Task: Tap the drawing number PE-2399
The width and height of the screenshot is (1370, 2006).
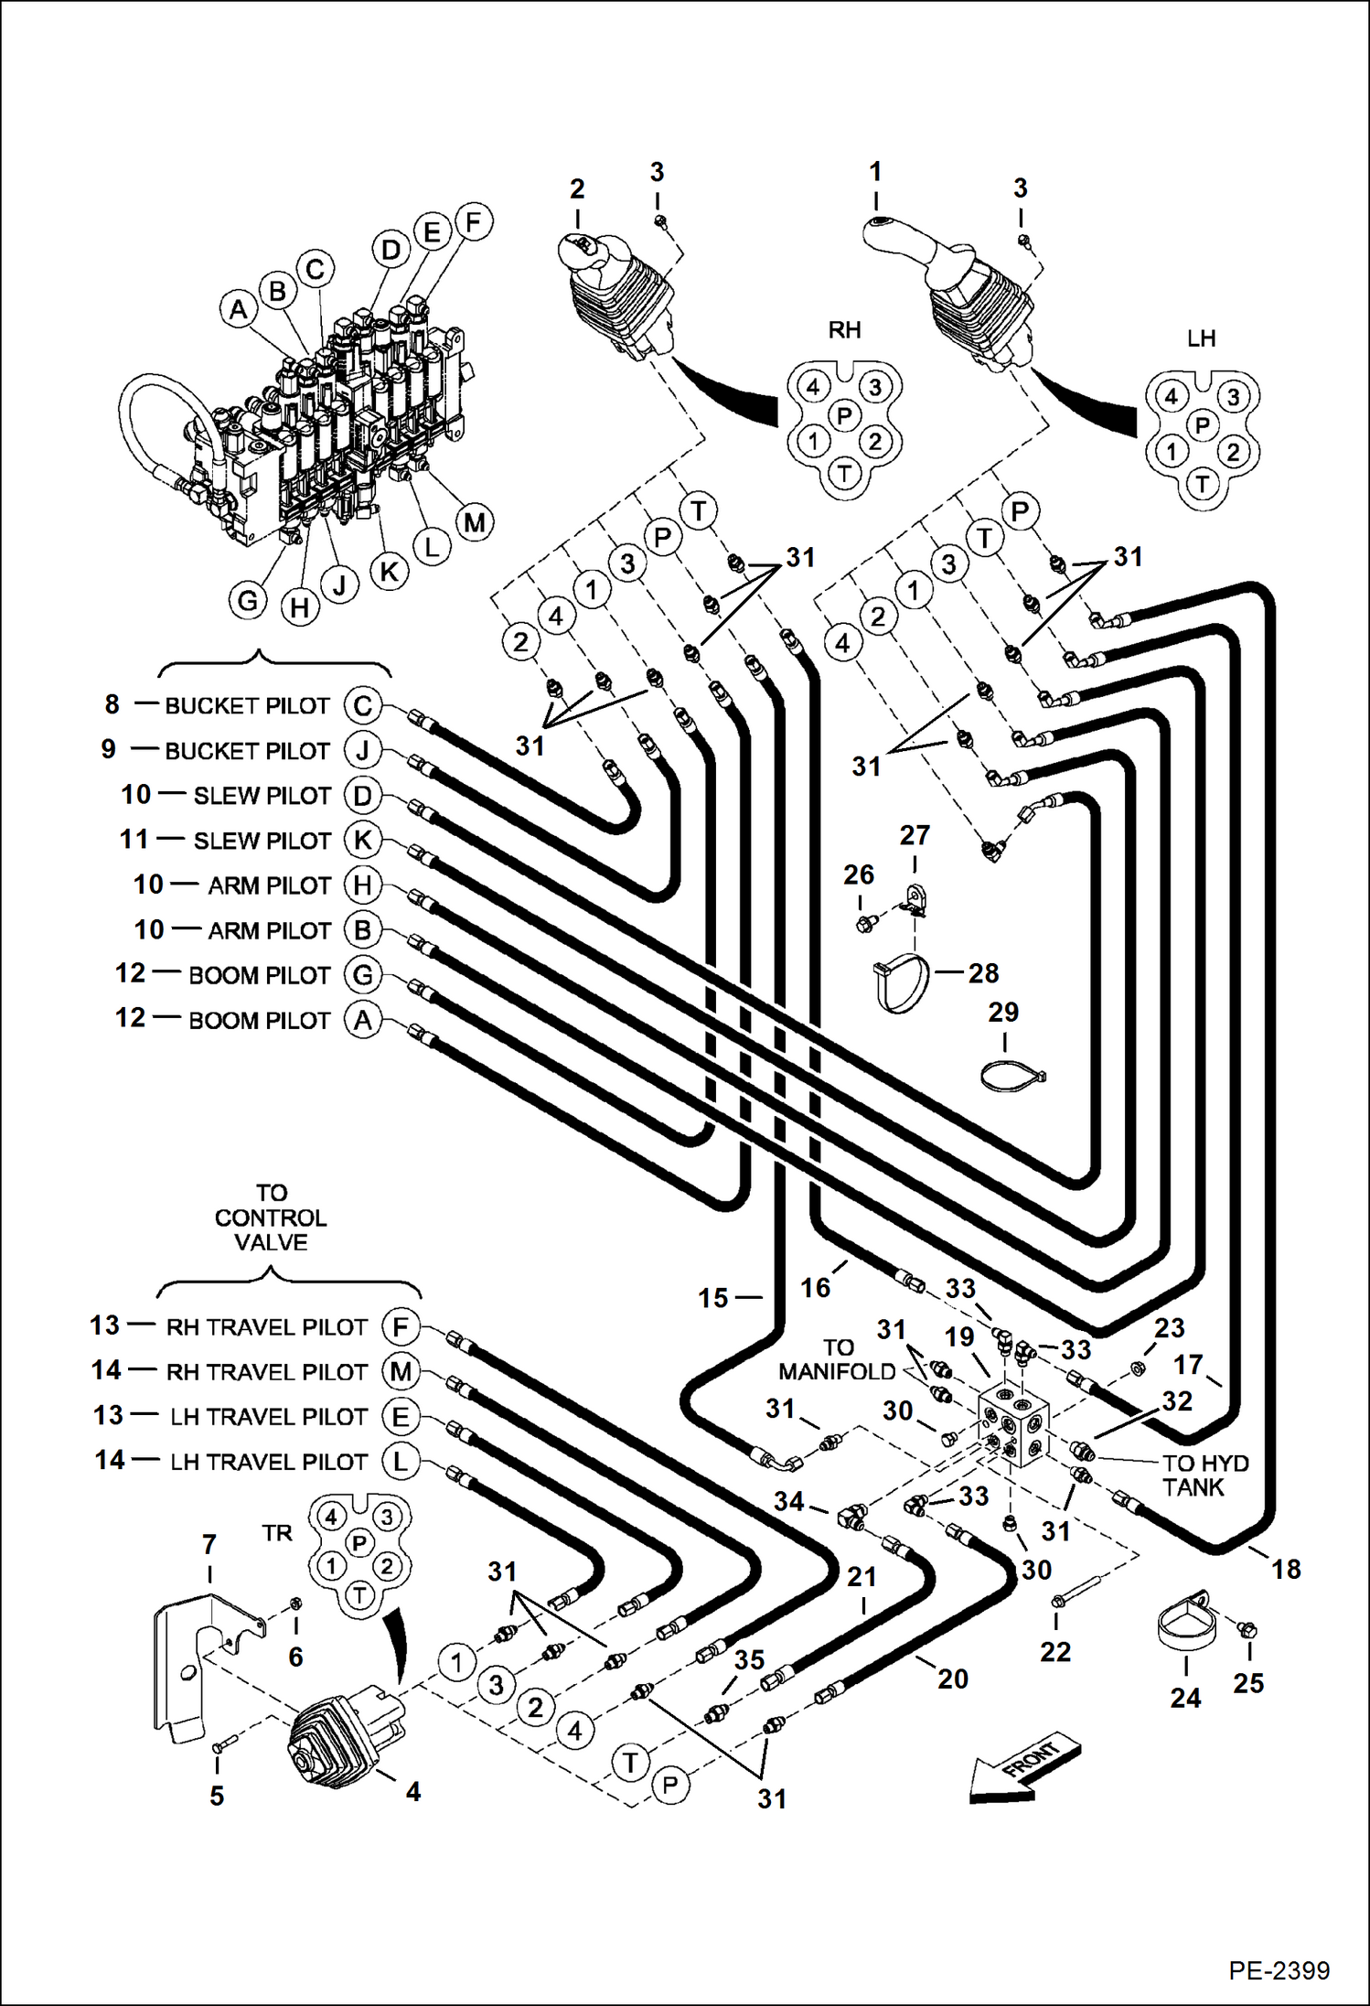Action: pyautogui.click(x=1279, y=1970)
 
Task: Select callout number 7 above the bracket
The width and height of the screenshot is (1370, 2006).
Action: pyautogui.click(x=209, y=1544)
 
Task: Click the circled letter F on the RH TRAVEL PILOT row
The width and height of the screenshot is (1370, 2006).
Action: pyautogui.click(x=400, y=1326)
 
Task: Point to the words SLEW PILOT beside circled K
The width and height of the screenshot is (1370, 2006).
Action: pyautogui.click(x=262, y=840)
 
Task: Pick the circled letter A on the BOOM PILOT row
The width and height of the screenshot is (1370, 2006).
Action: pyautogui.click(x=362, y=1019)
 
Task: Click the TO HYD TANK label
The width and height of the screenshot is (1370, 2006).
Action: pyautogui.click(x=1204, y=1475)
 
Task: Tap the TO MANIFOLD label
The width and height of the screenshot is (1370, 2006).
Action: pyautogui.click(x=837, y=1359)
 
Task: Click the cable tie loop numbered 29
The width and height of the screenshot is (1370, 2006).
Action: pyautogui.click(x=1012, y=1077)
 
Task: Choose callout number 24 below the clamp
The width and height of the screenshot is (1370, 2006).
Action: pyautogui.click(x=1185, y=1698)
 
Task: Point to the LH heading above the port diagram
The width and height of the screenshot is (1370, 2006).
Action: pyautogui.click(x=1201, y=338)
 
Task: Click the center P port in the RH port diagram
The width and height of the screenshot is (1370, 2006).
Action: pyautogui.click(x=844, y=416)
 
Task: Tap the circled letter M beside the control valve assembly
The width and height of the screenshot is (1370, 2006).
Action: pyautogui.click(x=475, y=522)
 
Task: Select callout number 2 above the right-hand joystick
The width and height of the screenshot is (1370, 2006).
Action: pyautogui.click(x=577, y=188)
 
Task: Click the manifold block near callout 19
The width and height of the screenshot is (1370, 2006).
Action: pyautogui.click(x=1013, y=1428)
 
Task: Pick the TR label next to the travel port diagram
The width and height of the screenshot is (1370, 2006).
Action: pyautogui.click(x=277, y=1532)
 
